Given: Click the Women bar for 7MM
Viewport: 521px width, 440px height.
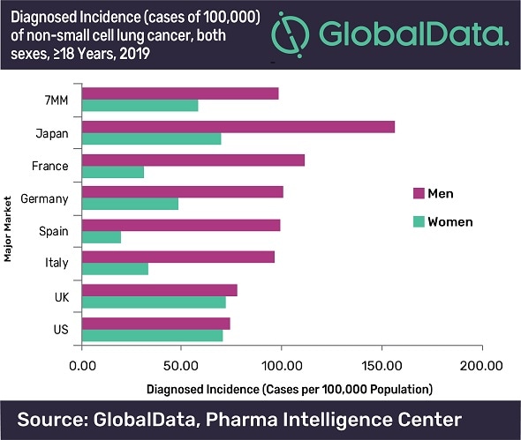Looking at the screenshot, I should tap(140, 106).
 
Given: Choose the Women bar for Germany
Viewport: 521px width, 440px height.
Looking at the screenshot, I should tap(130, 204).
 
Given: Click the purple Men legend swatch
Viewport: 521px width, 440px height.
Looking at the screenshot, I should tap(419, 193).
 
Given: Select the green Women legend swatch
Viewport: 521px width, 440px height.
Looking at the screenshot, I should tap(419, 221).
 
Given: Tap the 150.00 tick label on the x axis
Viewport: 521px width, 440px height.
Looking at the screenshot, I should tap(381, 363).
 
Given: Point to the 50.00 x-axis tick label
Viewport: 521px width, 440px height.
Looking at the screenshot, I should tap(181, 363).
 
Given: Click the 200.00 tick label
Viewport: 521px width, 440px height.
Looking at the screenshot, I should tap(481, 363).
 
